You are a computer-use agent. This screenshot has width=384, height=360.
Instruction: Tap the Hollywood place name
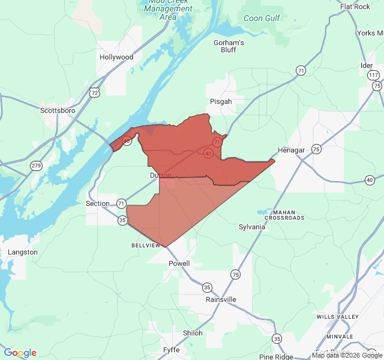click(116, 57)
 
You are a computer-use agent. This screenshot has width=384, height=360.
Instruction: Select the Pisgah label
click(221, 101)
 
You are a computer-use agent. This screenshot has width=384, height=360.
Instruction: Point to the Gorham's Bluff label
click(229, 46)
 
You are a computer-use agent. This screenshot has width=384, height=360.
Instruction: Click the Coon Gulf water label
click(262, 19)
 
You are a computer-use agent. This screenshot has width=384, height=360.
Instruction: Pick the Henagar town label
click(292, 149)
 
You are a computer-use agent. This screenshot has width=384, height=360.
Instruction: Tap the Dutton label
click(161, 176)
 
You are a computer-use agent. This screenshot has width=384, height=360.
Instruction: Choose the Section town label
click(98, 203)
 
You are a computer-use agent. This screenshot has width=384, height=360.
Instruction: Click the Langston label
click(22, 252)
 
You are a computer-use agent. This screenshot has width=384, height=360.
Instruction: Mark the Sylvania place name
click(251, 227)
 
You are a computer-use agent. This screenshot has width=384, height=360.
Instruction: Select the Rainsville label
click(221, 299)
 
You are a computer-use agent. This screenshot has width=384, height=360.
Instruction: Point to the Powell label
click(179, 263)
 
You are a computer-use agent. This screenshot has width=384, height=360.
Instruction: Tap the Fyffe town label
click(171, 350)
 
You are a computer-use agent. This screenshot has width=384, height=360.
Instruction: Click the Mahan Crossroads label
click(288, 215)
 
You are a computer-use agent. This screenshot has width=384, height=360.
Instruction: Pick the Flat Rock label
click(355, 7)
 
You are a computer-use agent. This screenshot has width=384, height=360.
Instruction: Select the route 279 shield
click(36, 166)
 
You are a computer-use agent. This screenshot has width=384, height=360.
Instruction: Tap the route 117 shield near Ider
click(374, 75)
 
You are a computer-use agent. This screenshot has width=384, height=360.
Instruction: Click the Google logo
click(20, 353)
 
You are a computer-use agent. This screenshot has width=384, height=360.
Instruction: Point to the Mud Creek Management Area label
click(168, 10)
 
